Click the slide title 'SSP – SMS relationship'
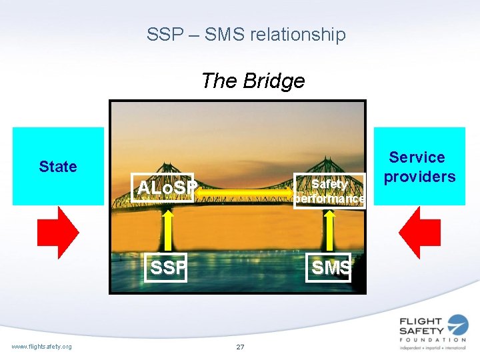coord(246,35)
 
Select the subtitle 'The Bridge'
coord(253,81)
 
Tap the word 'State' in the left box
coord(58,166)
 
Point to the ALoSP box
coord(164,188)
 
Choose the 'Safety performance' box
coord(329,191)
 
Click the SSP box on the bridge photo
coord(165,267)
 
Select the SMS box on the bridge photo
coord(329,267)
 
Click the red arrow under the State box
coord(59,231)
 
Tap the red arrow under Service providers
coord(419,231)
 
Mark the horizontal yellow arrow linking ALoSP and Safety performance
coord(247,192)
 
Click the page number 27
coord(240,347)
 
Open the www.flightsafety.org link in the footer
coord(41,345)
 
